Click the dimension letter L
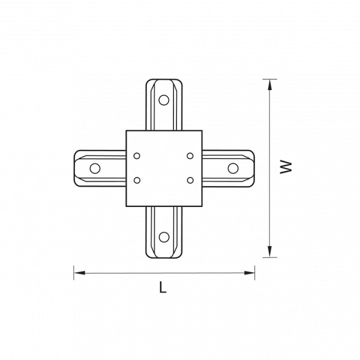coord(163,287)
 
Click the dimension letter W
coord(286,167)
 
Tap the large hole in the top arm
coord(164,100)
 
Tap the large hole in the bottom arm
coord(164,237)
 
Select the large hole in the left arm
coord(95,168)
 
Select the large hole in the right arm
coord(233,168)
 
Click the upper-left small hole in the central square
coord(137,156)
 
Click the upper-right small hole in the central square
coord(190,156)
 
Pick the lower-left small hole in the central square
coord(137,181)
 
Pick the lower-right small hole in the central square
coord(190,181)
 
